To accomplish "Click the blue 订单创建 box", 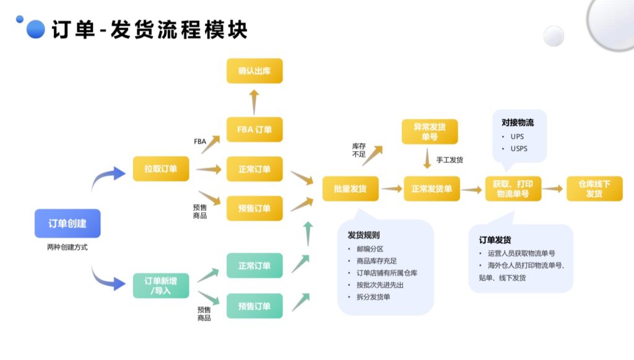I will coord(67,223).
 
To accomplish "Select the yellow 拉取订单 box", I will coord(161,169).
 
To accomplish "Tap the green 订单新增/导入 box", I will coord(161,285).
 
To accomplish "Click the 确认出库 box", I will coord(254,71).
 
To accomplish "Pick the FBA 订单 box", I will coord(254,130).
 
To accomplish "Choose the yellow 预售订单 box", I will coord(254,208).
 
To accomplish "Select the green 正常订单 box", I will coord(254,265).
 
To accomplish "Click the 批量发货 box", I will coord(350,188).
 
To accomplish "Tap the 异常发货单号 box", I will coord(430,131).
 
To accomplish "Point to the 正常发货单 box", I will coord(432,188).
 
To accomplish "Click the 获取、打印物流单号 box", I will coord(513,188).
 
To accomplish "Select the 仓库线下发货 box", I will coord(594,188).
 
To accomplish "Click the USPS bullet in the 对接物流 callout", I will coord(519,149).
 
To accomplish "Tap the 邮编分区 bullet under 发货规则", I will coord(370,249).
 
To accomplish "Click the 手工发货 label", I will coord(449,160).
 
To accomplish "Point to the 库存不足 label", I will coord(358,150).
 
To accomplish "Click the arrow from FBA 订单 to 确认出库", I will coord(254,100).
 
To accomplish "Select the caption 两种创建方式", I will coord(67,247).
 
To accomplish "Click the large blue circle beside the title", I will coord(36,29).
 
